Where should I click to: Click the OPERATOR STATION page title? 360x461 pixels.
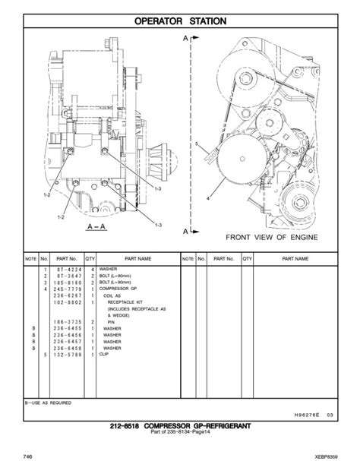[x=180, y=21]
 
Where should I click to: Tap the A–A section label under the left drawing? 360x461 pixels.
[x=96, y=226]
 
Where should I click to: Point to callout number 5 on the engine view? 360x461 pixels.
[x=196, y=144]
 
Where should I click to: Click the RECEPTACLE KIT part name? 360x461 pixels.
[x=130, y=302]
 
